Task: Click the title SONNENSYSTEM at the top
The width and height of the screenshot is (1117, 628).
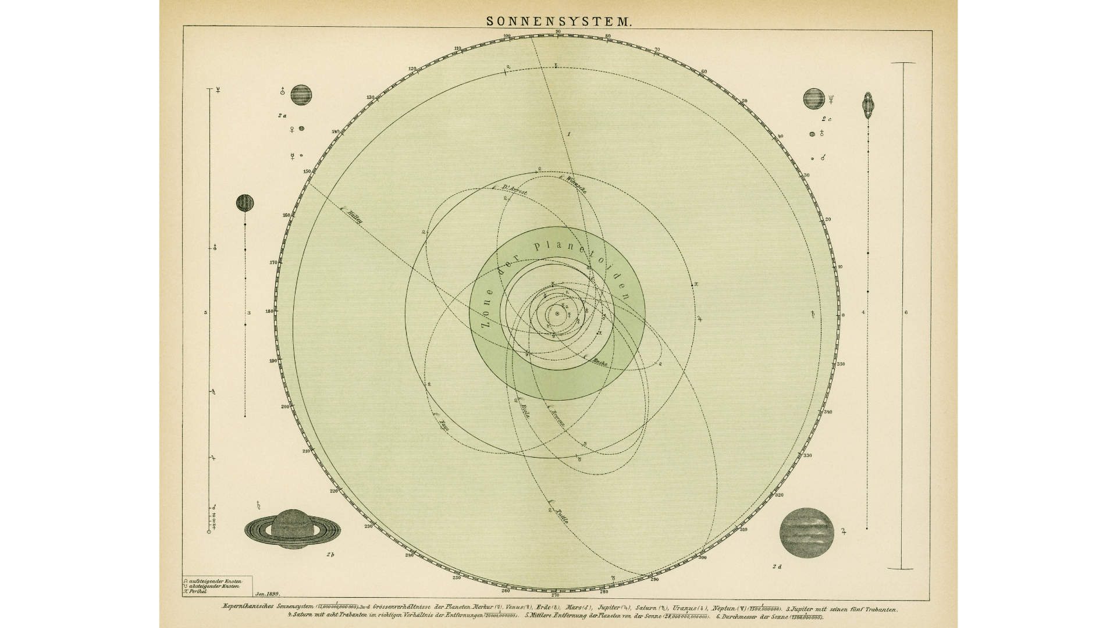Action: click(x=558, y=22)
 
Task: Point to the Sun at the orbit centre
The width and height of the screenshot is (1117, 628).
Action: click(x=557, y=314)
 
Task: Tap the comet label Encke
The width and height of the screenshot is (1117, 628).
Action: click(x=599, y=362)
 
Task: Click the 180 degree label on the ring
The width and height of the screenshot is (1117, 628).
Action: click(x=269, y=311)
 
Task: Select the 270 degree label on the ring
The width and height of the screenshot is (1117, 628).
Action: click(x=554, y=595)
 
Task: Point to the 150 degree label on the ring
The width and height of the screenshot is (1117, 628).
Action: click(x=307, y=172)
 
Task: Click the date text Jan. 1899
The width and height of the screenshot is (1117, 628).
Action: click(x=267, y=594)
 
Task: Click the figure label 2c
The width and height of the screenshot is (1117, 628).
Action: click(x=826, y=119)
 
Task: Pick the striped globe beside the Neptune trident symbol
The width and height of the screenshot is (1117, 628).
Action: click(x=813, y=99)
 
